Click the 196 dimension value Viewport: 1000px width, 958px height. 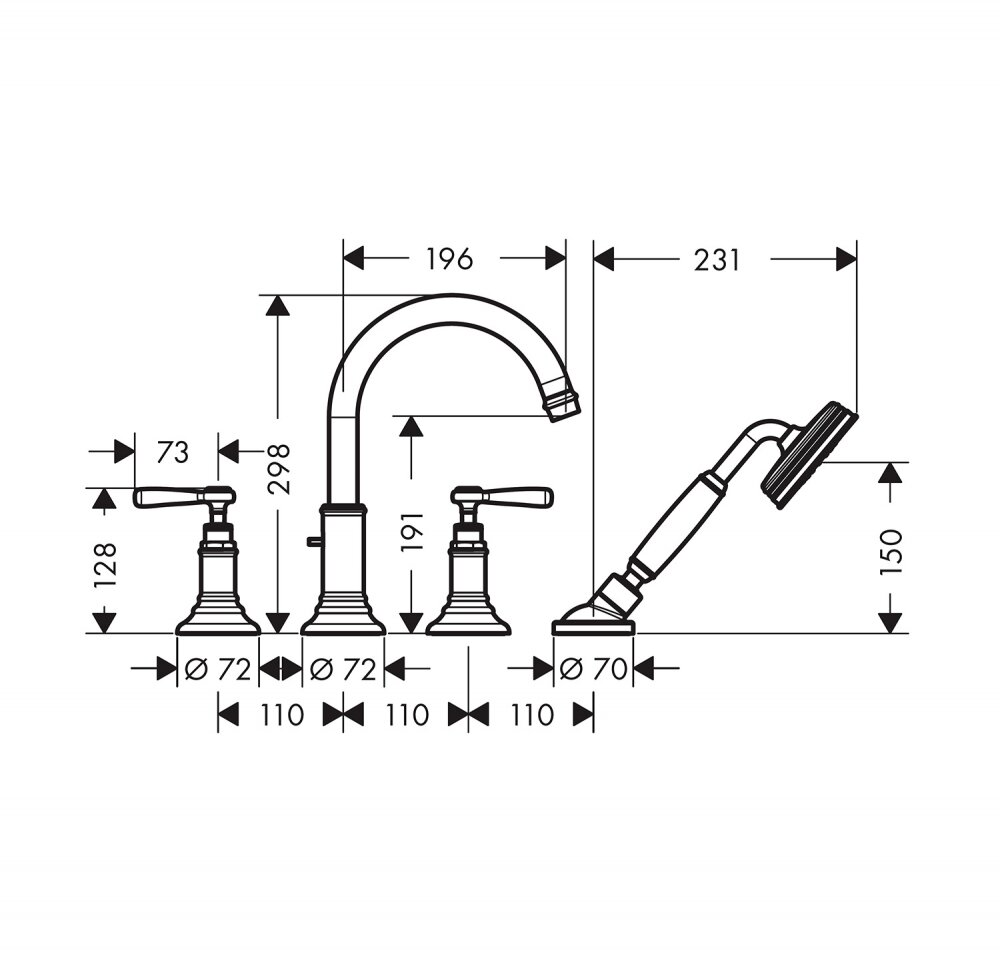[450, 259]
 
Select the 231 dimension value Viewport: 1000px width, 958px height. [717, 260]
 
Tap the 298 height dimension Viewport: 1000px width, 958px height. [279, 469]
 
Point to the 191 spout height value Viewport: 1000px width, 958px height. [413, 531]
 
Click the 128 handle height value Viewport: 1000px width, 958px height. [105, 565]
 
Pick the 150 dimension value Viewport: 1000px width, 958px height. [891, 552]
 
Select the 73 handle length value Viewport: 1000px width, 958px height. [173, 452]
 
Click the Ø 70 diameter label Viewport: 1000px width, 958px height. [593, 668]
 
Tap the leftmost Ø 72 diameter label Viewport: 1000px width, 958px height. [217, 669]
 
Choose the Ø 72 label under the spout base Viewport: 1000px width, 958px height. [342, 669]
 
